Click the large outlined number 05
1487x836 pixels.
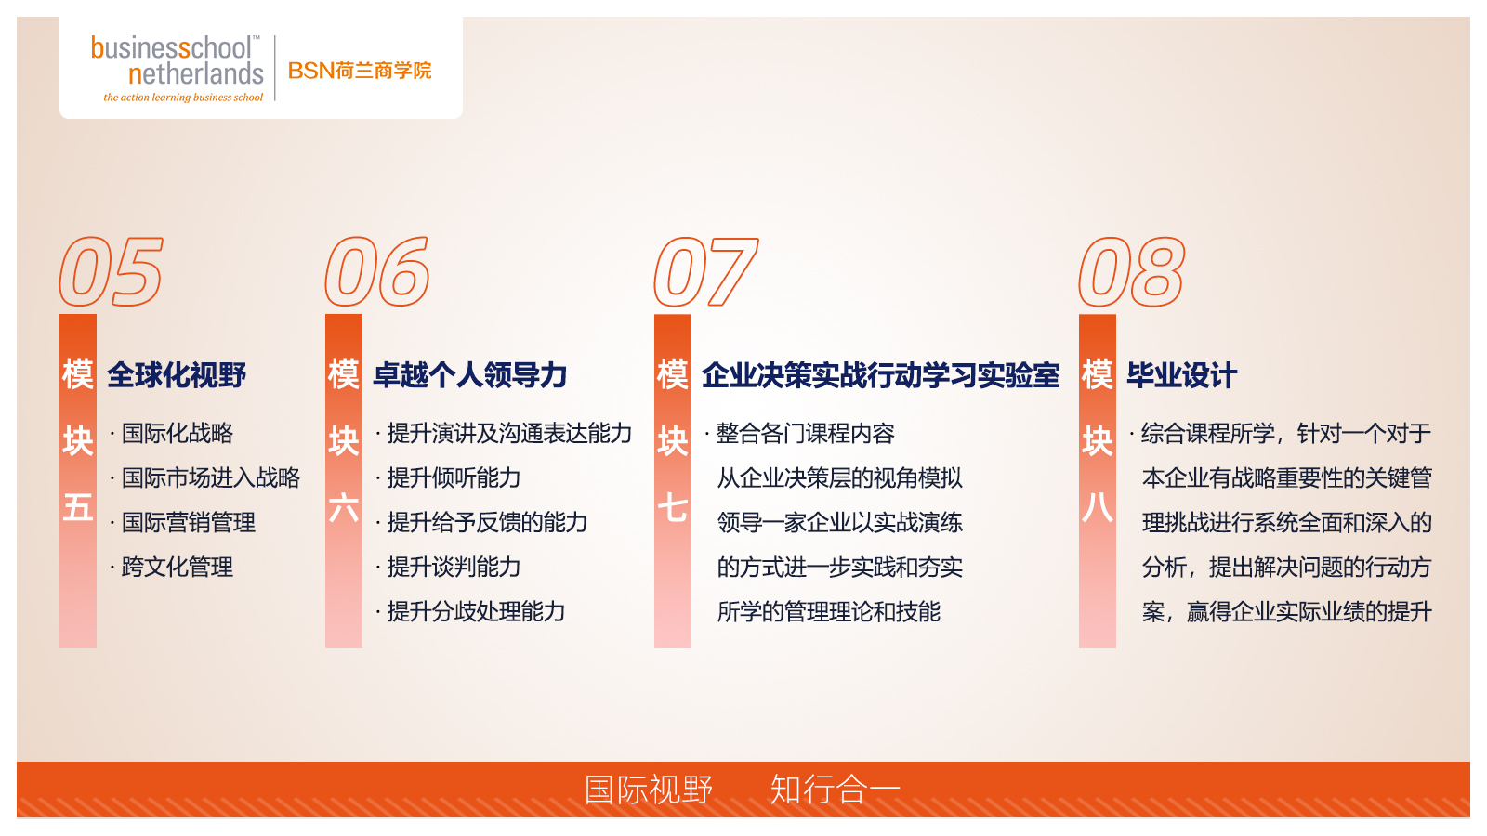click(112, 272)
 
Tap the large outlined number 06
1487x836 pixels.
click(377, 272)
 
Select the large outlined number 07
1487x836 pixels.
click(706, 272)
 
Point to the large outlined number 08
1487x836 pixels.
click(1131, 272)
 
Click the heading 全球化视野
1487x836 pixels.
click(177, 375)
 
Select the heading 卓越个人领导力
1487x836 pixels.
click(470, 375)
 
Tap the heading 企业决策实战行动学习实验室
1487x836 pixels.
click(880, 375)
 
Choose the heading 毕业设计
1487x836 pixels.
click(1181, 375)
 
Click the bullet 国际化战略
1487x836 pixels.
click(177, 434)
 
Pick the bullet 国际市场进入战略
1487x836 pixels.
click(210, 478)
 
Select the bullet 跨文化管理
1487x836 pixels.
click(177, 568)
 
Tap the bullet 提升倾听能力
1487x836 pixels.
click(454, 478)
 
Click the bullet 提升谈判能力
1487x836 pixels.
click(454, 568)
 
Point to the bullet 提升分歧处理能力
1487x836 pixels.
click(476, 612)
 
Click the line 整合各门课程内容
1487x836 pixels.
click(805, 434)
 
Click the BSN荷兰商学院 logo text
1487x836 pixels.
click(360, 71)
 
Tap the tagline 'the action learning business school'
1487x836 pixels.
click(183, 98)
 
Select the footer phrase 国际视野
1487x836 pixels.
click(649, 790)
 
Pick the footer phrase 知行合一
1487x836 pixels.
click(835, 790)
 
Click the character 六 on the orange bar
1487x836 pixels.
click(344, 508)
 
